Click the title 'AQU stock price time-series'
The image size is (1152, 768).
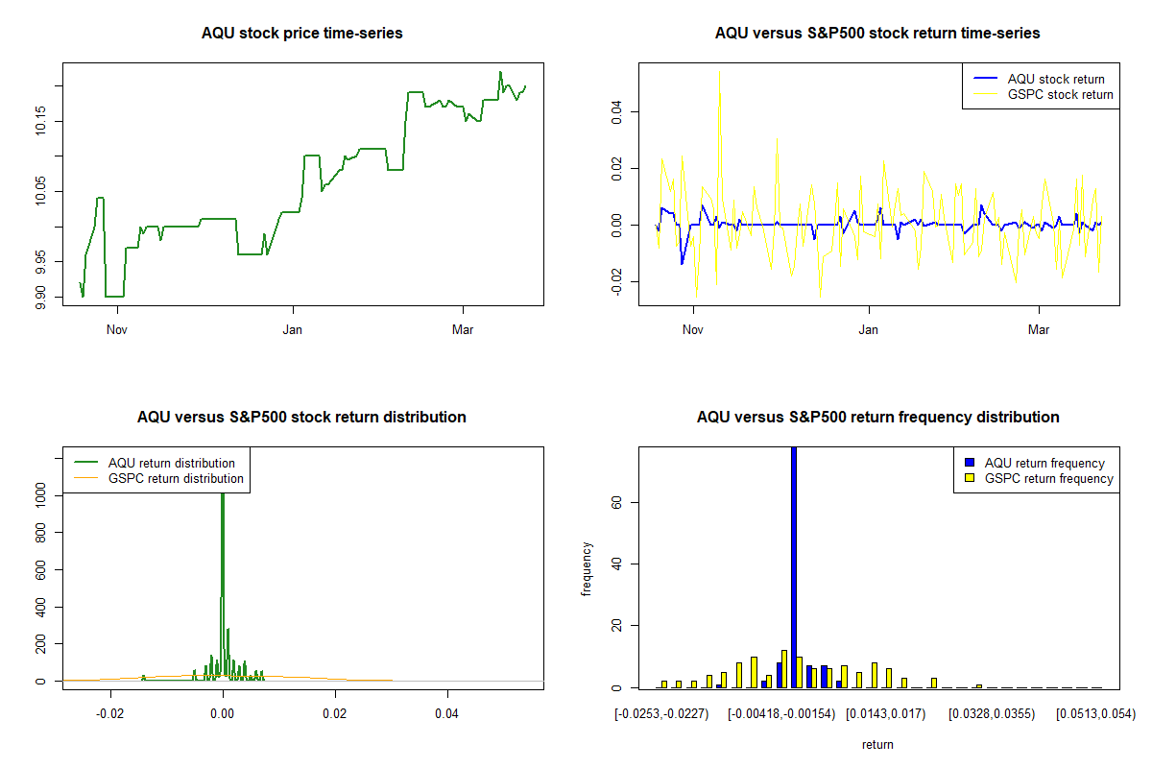coord(301,34)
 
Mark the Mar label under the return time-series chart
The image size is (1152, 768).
coord(1039,330)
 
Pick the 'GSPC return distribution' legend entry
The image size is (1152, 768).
coord(176,478)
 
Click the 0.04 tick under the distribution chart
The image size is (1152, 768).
coord(446,713)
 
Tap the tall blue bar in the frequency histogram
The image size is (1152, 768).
coord(793,566)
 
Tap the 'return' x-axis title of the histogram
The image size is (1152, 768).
coord(877,744)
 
